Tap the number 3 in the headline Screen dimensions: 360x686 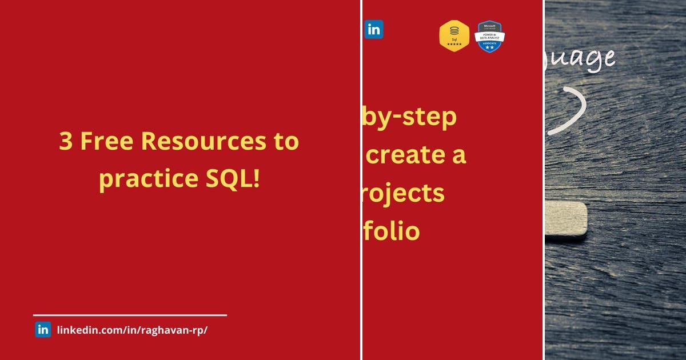(x=66, y=142)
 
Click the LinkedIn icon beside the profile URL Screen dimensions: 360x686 (x=43, y=330)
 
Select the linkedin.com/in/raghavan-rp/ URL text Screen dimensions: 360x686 (x=132, y=330)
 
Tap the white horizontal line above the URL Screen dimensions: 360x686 (x=130, y=315)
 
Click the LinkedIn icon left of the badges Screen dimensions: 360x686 (x=374, y=30)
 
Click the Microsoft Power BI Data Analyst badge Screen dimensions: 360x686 (x=490, y=37)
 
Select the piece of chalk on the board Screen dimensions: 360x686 (x=566, y=219)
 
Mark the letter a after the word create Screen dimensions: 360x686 (x=458, y=155)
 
